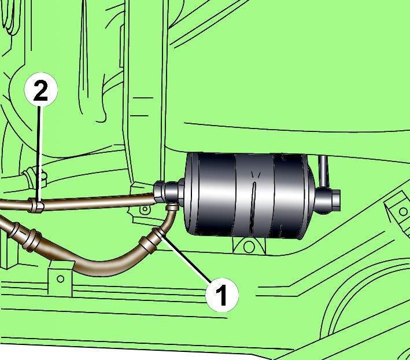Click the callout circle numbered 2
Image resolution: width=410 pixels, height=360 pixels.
(x=40, y=90)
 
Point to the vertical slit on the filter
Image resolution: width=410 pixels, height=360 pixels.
(x=253, y=208)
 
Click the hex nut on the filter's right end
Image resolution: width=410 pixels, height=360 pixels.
(x=337, y=200)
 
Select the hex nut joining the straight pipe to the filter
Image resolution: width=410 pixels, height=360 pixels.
(x=159, y=192)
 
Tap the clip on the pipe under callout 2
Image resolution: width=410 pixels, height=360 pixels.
(x=36, y=205)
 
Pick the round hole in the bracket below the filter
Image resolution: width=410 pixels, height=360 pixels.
(x=249, y=247)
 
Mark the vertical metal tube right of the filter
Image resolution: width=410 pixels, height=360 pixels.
(x=324, y=171)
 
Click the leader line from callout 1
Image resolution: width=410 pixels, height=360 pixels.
(x=187, y=258)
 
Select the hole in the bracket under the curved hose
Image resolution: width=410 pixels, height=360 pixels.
(x=60, y=279)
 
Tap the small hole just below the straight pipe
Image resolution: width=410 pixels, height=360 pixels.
(x=144, y=209)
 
